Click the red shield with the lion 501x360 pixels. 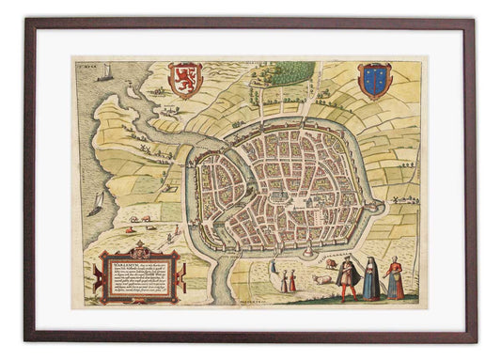pyautogui.click(x=184, y=79)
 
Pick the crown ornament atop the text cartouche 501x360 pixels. pyautogui.click(x=140, y=248)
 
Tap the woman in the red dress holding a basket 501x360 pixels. pyautogui.click(x=396, y=279)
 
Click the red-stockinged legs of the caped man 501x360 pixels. pyautogui.click(x=344, y=292)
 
